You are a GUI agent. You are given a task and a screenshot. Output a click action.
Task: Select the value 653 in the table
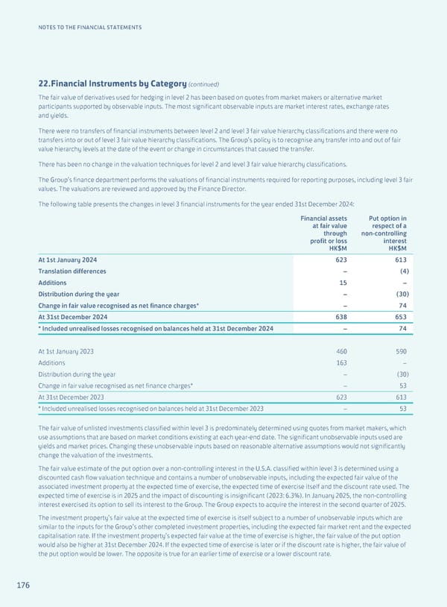(x=399, y=317)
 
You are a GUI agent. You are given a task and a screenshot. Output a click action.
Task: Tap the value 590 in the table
(x=399, y=350)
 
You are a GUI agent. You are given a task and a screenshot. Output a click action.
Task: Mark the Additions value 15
(x=343, y=283)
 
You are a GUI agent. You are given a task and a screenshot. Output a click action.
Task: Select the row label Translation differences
(x=72, y=271)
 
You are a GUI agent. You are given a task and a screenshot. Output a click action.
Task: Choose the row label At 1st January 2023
(x=66, y=350)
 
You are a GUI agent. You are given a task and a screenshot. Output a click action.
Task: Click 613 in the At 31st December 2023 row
(x=399, y=397)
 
